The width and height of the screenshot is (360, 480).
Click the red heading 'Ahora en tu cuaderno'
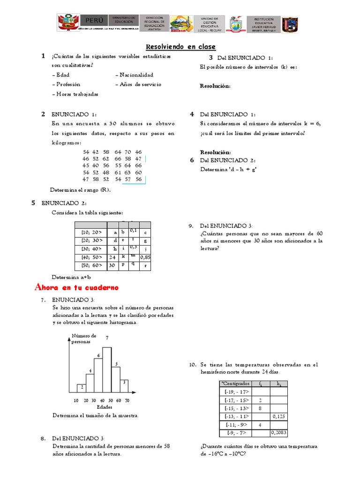(x=77, y=287)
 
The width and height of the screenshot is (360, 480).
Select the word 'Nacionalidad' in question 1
(x=136, y=75)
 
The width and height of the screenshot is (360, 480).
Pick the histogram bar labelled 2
(x=82, y=388)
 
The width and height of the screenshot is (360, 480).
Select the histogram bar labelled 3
(x=124, y=386)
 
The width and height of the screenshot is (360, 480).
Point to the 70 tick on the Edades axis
(x=127, y=401)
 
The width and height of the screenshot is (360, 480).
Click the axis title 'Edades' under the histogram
(x=104, y=407)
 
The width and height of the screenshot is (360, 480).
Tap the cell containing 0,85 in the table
(x=145, y=257)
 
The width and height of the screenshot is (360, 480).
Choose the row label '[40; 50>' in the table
(x=91, y=257)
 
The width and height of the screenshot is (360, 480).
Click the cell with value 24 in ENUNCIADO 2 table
(x=112, y=257)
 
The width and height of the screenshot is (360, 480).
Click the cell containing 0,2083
(x=279, y=433)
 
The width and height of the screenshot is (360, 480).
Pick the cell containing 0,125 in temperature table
(x=279, y=416)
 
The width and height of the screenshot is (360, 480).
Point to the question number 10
(x=192, y=364)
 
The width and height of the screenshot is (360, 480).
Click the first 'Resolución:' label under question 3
(x=215, y=86)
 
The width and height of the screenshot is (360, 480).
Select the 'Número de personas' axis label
(x=84, y=338)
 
